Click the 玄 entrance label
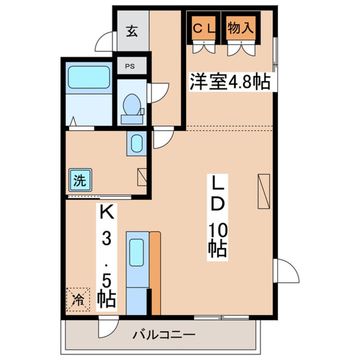pos(132,31)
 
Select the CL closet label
pos(204,29)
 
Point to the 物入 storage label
pos(240,28)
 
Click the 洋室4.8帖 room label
pos(229,82)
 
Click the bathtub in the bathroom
pos(89,77)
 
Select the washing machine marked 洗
pos(80,180)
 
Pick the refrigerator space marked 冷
pos(78,300)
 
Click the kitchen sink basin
pos(136,252)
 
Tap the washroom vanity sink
pos(137,143)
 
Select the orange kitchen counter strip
pos(155,273)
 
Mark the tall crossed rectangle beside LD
pos(264,191)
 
